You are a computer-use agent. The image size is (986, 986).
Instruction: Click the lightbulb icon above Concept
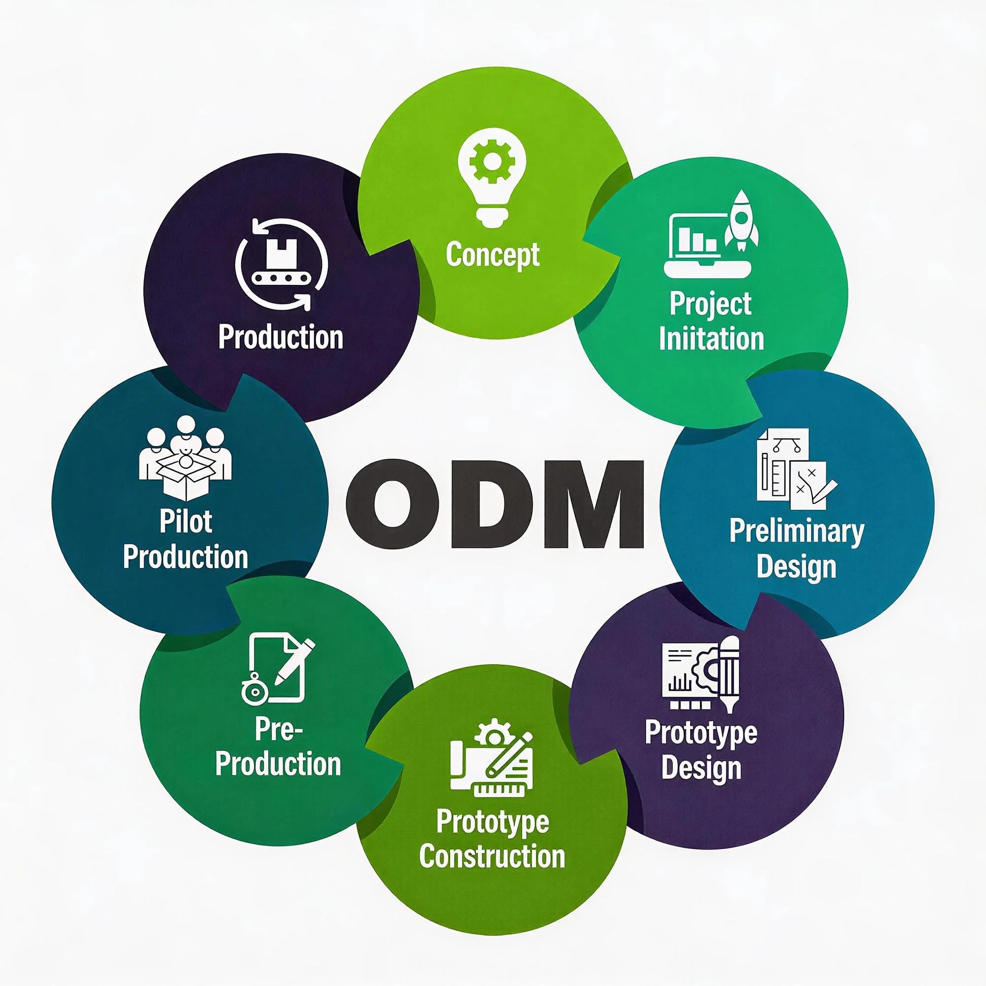tap(492, 174)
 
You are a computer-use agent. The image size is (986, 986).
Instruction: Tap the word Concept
tap(493, 255)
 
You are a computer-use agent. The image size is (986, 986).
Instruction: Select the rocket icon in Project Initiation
tap(741, 221)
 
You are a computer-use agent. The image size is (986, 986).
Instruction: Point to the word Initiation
tap(711, 338)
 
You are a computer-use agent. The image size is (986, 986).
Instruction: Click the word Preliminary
tap(797, 531)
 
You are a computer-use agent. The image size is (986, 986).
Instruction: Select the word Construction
tap(492, 856)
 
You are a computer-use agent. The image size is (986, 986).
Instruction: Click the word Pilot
tap(185, 521)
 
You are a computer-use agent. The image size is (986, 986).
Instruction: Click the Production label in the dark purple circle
tap(281, 337)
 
